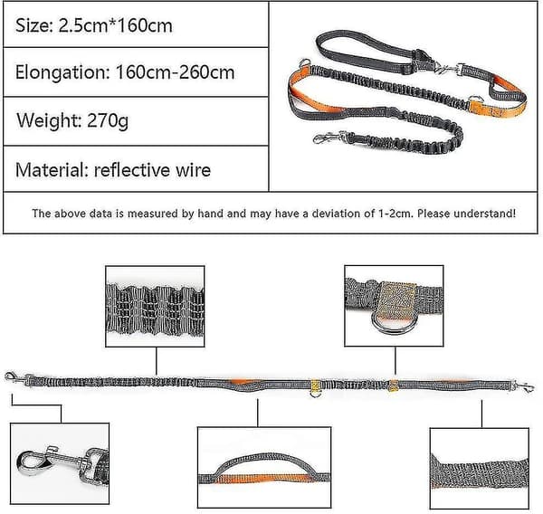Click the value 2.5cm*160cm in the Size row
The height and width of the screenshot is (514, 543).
tap(115, 25)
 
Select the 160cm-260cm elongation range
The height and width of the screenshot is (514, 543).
tap(175, 72)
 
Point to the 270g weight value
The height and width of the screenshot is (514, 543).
tap(108, 120)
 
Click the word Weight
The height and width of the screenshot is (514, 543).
tap(49, 121)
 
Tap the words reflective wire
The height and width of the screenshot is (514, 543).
tap(152, 170)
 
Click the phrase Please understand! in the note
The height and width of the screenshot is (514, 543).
tap(466, 214)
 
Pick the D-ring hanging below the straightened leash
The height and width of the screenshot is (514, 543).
tap(315, 394)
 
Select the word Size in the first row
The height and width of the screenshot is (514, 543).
tap(33, 25)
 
